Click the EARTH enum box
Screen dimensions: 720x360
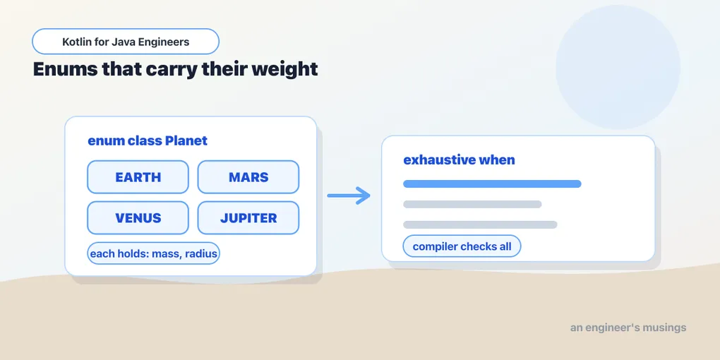(x=138, y=176)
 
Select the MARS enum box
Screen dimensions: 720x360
(x=248, y=176)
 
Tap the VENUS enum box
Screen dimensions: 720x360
(x=138, y=217)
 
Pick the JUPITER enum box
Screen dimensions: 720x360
(x=248, y=217)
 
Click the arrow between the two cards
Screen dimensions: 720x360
(x=349, y=196)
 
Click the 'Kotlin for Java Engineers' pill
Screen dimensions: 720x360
(x=126, y=42)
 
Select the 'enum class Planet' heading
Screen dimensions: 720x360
(x=148, y=140)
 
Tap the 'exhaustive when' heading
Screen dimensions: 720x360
(x=460, y=160)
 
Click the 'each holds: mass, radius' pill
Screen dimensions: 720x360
(x=153, y=253)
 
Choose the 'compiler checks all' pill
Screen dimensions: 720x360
(x=462, y=246)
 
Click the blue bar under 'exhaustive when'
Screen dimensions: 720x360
(x=492, y=184)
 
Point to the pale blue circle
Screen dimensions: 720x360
(x=618, y=67)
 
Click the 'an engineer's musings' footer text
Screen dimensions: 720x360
(x=628, y=328)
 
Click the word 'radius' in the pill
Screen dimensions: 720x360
(x=201, y=253)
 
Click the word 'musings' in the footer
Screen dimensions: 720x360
(x=664, y=328)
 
